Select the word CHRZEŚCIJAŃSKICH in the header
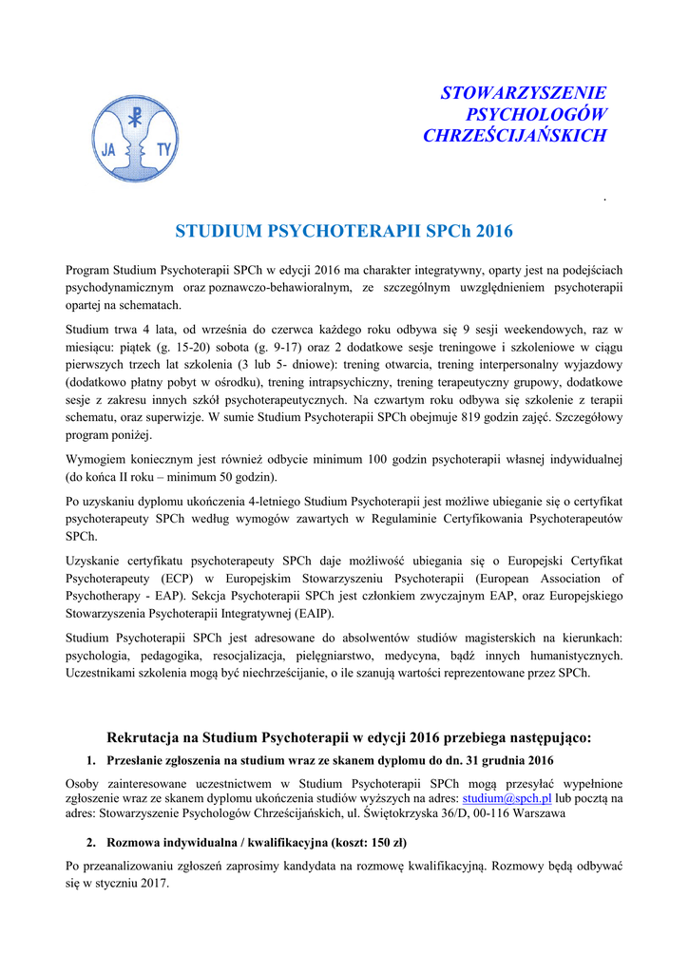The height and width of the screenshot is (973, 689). point(514,136)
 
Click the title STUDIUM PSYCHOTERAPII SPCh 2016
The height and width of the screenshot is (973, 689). point(344,231)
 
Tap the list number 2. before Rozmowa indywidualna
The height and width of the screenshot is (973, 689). point(91,843)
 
